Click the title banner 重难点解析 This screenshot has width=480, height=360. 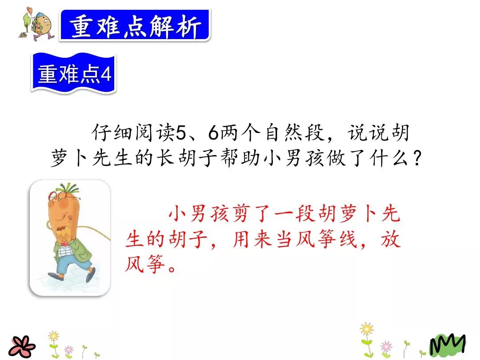[x=134, y=25]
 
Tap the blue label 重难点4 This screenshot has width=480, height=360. [x=74, y=74]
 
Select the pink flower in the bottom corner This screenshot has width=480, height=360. [x=21, y=345]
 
